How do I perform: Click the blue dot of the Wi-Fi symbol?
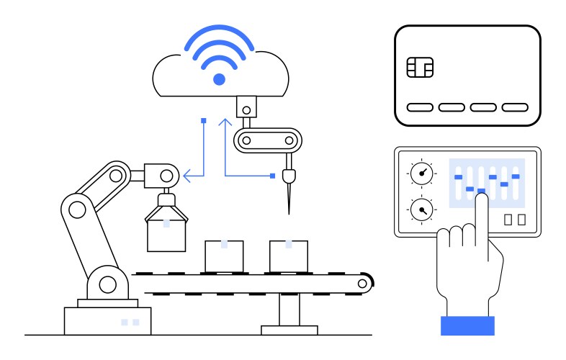[220, 79]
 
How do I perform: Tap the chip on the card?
[420, 68]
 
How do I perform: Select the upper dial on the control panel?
[421, 173]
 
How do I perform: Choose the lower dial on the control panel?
[421, 210]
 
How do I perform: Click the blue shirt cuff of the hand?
[467, 325]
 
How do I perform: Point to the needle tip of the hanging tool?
[289, 211]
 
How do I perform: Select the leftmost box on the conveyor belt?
[224, 256]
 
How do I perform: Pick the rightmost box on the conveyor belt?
[289, 256]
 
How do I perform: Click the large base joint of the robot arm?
[107, 284]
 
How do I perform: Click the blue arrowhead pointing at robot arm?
[187, 174]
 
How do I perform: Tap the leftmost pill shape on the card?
[420, 107]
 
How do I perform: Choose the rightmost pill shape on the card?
[515, 107]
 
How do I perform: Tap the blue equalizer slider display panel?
[487, 183]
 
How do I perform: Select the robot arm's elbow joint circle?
[74, 209]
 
